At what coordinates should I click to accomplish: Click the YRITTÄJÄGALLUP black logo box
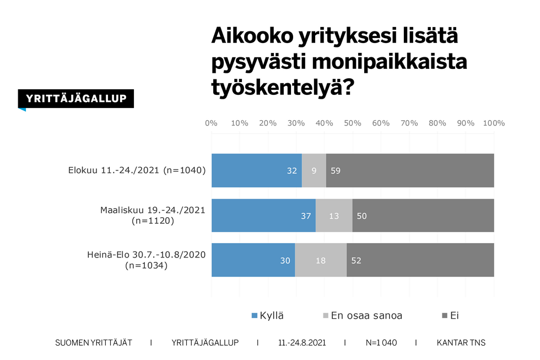76,99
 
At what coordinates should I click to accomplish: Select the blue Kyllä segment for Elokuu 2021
256,170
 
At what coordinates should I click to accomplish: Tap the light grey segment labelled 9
314,170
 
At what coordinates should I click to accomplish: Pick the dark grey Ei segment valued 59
410,170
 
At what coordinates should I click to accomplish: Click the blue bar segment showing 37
263,216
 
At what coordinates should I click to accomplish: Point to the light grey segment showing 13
334,216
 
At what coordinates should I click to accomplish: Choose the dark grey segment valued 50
423,216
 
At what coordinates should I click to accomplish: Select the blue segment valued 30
253,260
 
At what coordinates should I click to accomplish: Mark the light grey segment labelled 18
321,260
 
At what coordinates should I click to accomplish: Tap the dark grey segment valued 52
420,260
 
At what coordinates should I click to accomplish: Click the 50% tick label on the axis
353,123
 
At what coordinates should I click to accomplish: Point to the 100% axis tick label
493,123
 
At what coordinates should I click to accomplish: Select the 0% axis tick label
211,123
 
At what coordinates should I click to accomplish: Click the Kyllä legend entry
268,316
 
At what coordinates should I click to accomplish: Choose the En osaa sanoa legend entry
362,316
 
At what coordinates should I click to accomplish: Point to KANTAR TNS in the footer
461,343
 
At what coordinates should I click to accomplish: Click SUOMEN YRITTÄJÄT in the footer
94,343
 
